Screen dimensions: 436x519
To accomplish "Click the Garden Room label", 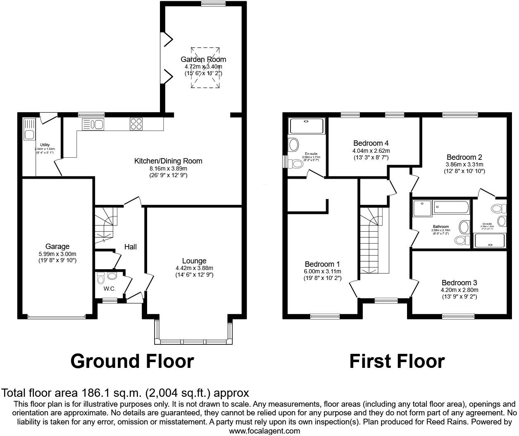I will [203, 59].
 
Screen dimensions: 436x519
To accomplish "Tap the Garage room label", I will [57, 246].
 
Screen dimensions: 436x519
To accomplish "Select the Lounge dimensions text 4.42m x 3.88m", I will [194, 268].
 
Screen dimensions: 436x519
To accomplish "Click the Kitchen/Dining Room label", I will [168, 161].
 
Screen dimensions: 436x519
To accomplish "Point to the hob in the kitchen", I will [136, 123].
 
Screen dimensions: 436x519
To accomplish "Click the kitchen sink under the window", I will [93, 124].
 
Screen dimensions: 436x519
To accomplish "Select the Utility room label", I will [45, 145].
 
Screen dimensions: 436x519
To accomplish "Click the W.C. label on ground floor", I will [110, 289].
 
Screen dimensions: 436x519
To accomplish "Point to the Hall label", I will [131, 247].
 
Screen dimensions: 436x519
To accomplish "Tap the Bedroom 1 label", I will [322, 264].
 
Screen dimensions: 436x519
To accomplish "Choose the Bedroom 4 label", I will [371, 144].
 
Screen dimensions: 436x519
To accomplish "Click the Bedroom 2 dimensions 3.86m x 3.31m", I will [464, 164].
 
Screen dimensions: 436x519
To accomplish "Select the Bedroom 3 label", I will [459, 283].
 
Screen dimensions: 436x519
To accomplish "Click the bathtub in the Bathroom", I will [452, 207].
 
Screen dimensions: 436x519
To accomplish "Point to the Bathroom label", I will [440, 227].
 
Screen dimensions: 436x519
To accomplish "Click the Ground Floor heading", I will [132, 361].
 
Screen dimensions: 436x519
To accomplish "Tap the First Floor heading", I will [397, 361].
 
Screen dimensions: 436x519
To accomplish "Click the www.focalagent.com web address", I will [264, 431].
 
